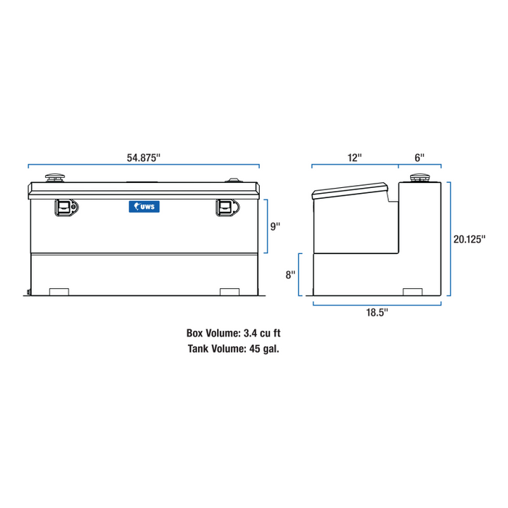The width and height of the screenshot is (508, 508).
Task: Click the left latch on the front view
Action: [x=65, y=208]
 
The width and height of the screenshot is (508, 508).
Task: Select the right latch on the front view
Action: [x=226, y=208]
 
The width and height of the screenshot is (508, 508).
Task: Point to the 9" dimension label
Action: [x=276, y=226]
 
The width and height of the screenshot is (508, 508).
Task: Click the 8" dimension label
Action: [x=290, y=275]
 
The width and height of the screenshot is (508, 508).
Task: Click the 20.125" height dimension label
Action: [x=469, y=237]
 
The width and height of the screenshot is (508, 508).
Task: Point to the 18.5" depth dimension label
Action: [x=377, y=312]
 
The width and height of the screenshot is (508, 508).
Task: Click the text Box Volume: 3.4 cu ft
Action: [x=233, y=334]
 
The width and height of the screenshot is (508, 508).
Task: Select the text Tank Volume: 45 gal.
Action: [x=233, y=348]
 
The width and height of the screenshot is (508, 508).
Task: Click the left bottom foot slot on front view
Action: [x=58, y=292]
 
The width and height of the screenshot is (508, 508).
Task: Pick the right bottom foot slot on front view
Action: [x=229, y=292]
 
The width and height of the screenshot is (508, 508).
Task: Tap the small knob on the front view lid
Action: [x=234, y=180]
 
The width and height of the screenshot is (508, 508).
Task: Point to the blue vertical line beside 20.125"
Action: [x=451, y=238]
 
